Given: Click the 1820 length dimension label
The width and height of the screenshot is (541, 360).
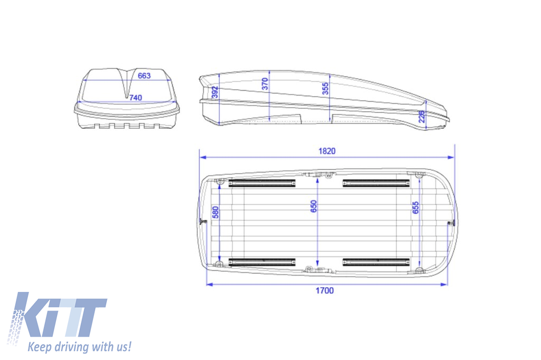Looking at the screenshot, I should pyautogui.click(x=327, y=151).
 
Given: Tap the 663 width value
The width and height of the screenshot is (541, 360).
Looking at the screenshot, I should pyautogui.click(x=144, y=75).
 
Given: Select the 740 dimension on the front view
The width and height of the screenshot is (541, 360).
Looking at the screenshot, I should pyautogui.click(x=135, y=98).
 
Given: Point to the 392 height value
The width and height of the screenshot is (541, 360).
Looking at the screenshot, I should pyautogui.click(x=214, y=93).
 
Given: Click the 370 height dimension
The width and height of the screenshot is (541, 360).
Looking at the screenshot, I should pyautogui.click(x=265, y=84).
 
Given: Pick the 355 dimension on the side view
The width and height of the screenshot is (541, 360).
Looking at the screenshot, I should pyautogui.click(x=325, y=88).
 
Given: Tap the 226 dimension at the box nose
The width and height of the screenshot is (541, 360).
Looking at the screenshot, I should pyautogui.click(x=422, y=116).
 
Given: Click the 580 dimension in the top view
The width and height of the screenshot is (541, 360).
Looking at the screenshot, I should pyautogui.click(x=215, y=213).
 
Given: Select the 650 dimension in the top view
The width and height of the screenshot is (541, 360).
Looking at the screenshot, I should pyautogui.click(x=314, y=206).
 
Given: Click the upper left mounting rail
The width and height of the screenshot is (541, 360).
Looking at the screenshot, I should pyautogui.click(x=262, y=183).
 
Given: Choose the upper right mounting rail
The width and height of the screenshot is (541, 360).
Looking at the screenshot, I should pyautogui.click(x=376, y=183).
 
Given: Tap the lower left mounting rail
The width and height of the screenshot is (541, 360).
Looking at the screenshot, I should pyautogui.click(x=262, y=262).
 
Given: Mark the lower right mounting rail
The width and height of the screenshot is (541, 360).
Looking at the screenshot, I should pyautogui.click(x=376, y=262).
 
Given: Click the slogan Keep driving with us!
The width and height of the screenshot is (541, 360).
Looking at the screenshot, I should pyautogui.click(x=79, y=347).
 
